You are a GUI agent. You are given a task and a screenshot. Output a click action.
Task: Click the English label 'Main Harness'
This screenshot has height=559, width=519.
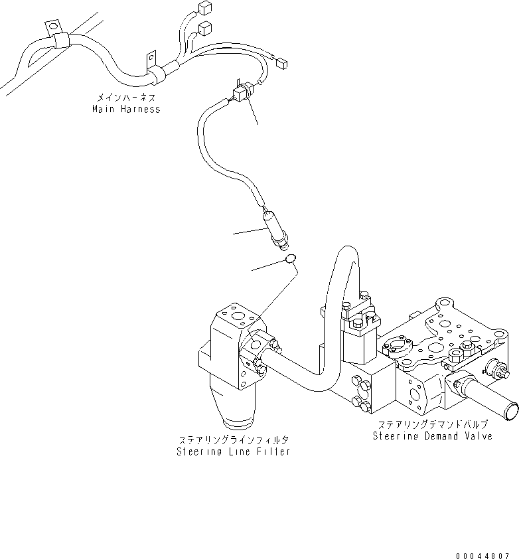[x=126, y=109]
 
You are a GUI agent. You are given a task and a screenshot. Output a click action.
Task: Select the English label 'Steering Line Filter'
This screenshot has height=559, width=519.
[x=233, y=451]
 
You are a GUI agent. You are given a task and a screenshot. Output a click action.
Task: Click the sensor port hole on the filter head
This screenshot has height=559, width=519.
[x=256, y=345]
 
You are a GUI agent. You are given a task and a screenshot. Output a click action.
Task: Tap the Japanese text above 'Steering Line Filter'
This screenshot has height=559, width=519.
[x=233, y=440]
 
